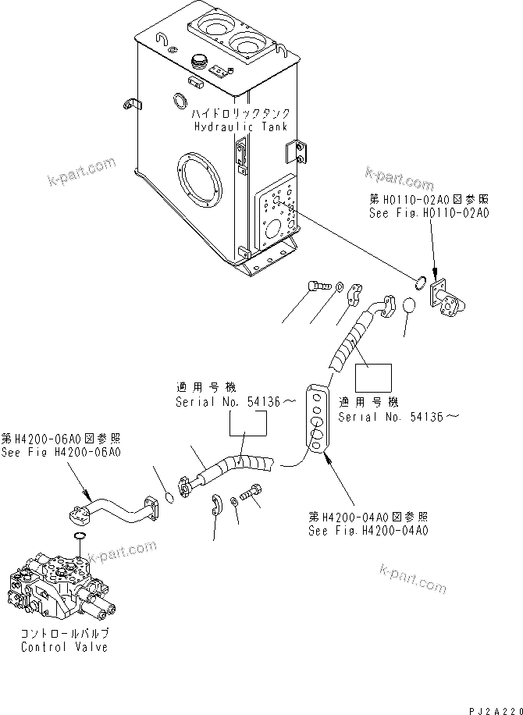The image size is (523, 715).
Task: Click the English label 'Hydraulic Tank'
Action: (240, 126)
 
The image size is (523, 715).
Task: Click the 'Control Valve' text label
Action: (55, 647)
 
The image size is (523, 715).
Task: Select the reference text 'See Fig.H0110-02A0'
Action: (429, 212)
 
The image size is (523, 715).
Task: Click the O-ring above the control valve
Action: (79, 538)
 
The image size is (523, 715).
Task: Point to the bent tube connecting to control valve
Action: (117, 507)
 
